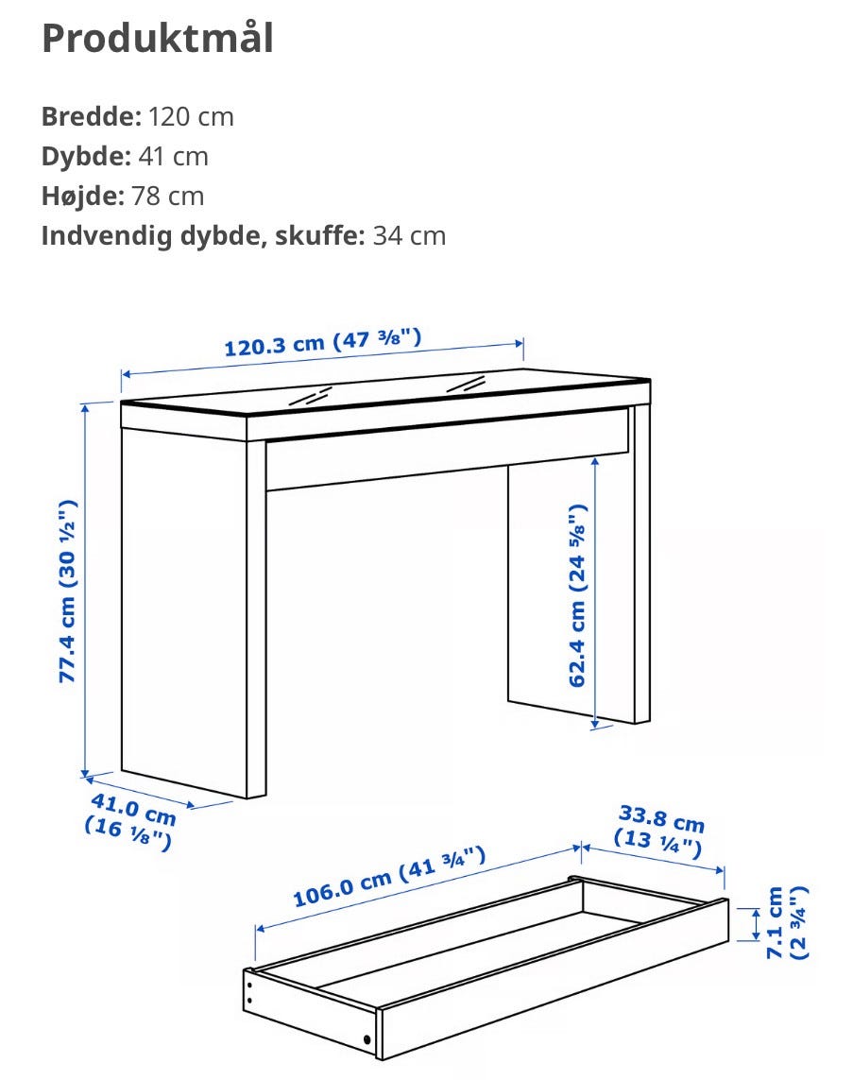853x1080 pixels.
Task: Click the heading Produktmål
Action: (x=158, y=39)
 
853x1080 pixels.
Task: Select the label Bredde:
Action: (x=92, y=116)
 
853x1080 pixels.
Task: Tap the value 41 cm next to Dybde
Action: (x=174, y=156)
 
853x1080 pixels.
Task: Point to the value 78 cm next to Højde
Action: (x=168, y=197)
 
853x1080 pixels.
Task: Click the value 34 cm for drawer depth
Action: (x=410, y=236)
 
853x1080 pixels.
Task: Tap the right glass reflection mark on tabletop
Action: (x=466, y=385)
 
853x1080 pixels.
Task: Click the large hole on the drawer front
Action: (x=367, y=1039)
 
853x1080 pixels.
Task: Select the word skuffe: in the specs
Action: (x=319, y=236)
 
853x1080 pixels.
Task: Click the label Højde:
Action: (x=83, y=197)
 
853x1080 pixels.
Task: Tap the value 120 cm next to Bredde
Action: (x=191, y=116)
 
